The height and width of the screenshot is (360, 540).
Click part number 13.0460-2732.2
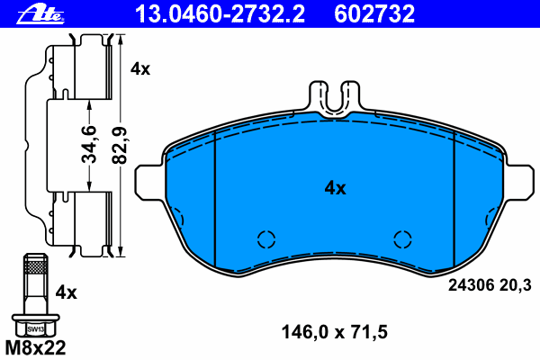click(x=220, y=13)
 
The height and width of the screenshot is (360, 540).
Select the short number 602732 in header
click(x=373, y=13)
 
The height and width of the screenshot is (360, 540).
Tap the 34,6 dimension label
click(x=89, y=145)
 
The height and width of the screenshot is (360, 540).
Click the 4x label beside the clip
click(x=140, y=68)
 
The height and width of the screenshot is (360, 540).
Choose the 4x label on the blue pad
click(x=335, y=188)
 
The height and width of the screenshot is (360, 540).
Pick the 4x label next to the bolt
click(x=67, y=292)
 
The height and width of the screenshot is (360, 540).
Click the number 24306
click(x=471, y=285)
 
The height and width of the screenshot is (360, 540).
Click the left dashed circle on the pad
click(x=265, y=238)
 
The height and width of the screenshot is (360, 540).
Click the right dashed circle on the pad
click(x=404, y=238)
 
